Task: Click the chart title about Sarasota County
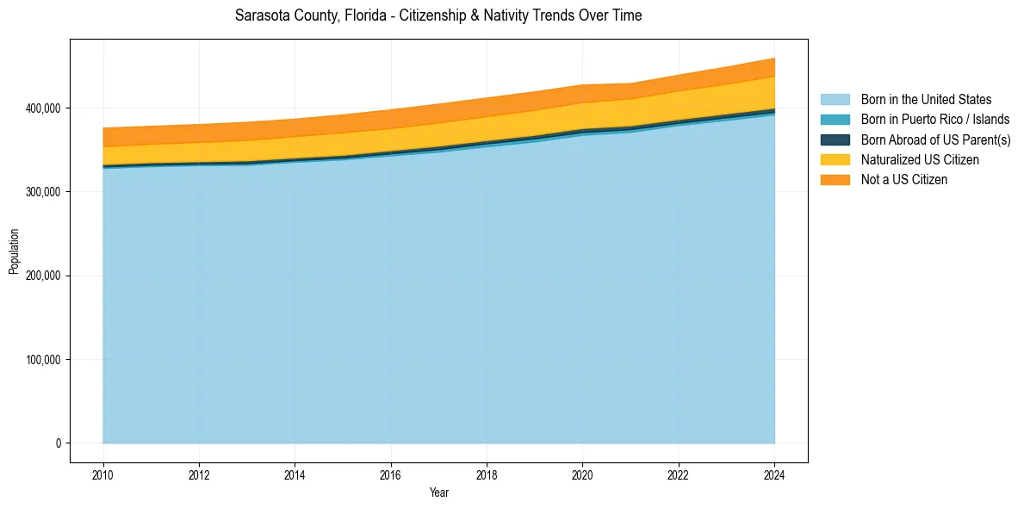click(438, 15)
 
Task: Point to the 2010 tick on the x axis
click(102, 475)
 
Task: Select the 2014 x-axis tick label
click(295, 475)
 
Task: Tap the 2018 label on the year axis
click(487, 475)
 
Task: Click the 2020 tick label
click(583, 475)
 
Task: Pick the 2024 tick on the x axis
click(774, 475)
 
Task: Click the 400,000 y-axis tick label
click(43, 108)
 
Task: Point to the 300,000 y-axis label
click(43, 192)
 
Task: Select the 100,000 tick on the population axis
click(43, 360)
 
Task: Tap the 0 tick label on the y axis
click(59, 443)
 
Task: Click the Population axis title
click(14, 251)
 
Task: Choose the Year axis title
click(438, 493)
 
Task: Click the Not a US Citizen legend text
click(904, 180)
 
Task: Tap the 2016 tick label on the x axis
click(391, 475)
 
